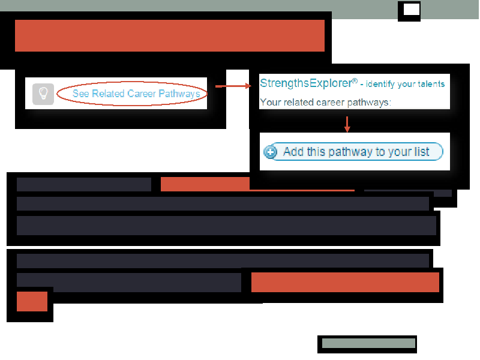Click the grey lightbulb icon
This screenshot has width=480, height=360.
click(x=43, y=94)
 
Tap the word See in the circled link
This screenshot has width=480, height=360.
click(x=81, y=94)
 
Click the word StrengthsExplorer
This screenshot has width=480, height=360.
click(x=306, y=83)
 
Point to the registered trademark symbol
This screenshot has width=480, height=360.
click(x=355, y=81)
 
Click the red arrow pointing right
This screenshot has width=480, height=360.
click(x=233, y=86)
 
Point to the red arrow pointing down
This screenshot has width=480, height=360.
click(x=347, y=124)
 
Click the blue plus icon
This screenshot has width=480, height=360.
click(x=271, y=152)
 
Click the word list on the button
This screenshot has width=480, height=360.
click(x=422, y=152)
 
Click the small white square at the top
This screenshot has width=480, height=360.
click(x=412, y=10)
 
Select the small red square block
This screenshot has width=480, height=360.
click(x=32, y=302)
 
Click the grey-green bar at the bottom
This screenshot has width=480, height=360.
click(x=368, y=343)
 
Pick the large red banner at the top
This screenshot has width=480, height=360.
click(x=170, y=36)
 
